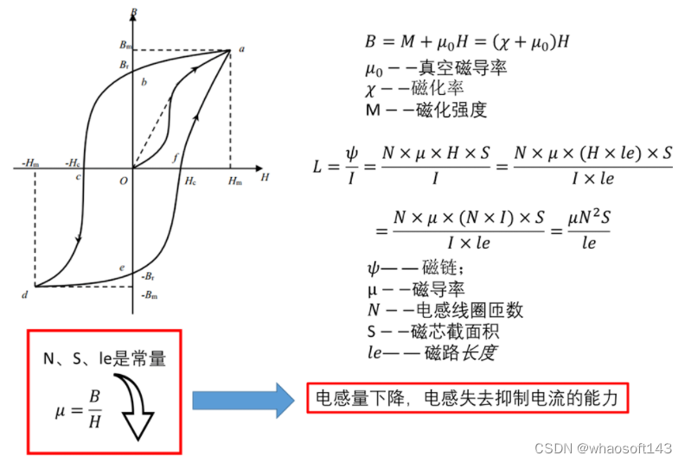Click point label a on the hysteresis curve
click(240, 49)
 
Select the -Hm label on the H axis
click(27, 161)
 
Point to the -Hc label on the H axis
click(74, 161)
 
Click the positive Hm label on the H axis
click(234, 180)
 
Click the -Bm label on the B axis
click(148, 296)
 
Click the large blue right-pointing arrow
click(244, 400)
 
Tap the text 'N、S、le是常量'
click(105, 357)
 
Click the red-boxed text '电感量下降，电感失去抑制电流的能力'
click(467, 399)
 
